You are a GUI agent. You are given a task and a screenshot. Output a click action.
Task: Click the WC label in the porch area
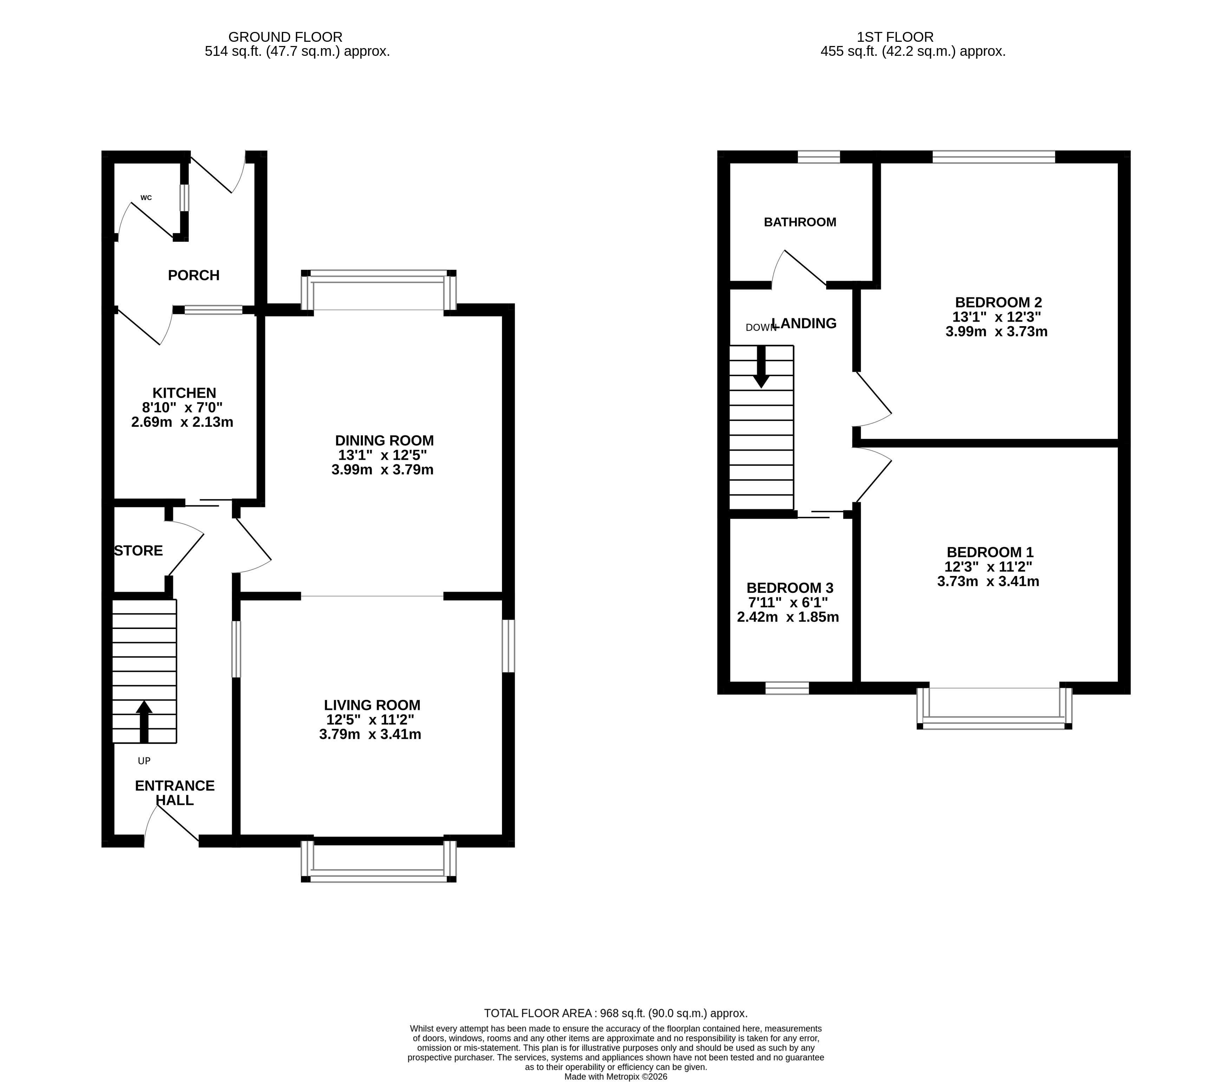point(146,198)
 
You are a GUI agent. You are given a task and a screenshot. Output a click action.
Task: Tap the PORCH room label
point(194,275)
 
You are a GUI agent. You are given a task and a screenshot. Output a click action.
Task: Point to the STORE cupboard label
point(139,551)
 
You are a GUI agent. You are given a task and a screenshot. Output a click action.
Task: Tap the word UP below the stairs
point(144,761)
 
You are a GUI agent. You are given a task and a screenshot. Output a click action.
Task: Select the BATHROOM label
point(800,222)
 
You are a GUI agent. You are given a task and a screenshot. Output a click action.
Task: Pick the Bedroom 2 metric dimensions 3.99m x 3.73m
point(996,332)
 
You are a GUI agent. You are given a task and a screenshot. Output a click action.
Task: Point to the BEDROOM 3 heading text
point(790,588)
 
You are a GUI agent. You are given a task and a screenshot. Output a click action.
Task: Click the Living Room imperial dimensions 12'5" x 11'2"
point(370,719)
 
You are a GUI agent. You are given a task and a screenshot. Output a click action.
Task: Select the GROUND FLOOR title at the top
point(285,37)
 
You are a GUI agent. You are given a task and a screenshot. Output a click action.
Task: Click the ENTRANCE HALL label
point(175,793)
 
